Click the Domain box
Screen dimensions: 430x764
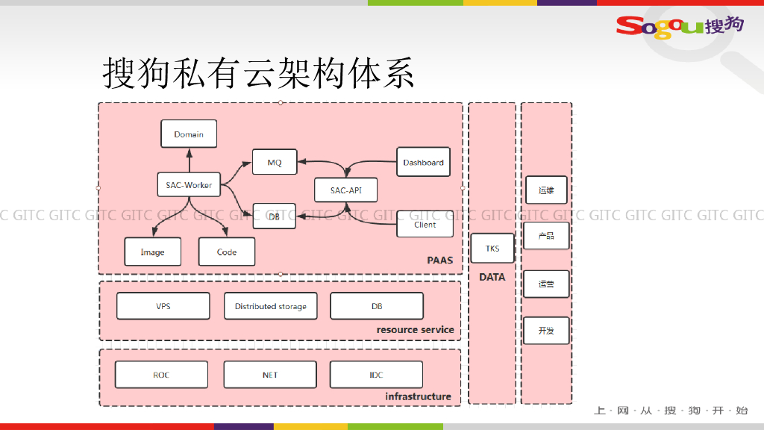coord(189,134)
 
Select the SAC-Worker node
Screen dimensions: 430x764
coord(189,184)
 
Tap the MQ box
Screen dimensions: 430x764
coord(275,162)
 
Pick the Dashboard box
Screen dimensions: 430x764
coord(423,162)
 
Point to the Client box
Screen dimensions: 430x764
coord(425,224)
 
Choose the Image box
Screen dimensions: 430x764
coord(152,252)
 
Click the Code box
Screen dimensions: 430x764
coord(227,252)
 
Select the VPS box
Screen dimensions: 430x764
coord(163,306)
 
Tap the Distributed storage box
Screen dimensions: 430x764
coord(270,306)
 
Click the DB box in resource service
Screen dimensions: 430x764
coord(377,306)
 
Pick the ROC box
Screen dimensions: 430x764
coord(161,375)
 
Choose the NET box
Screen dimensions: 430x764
coord(270,375)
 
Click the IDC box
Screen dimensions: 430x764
coord(376,375)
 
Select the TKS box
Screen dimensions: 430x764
coord(492,249)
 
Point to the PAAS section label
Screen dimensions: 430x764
coord(439,261)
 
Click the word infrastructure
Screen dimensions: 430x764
coord(418,396)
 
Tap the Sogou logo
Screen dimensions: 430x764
coord(679,25)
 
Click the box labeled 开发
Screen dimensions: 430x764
coord(546,330)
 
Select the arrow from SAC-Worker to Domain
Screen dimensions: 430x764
coord(189,160)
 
